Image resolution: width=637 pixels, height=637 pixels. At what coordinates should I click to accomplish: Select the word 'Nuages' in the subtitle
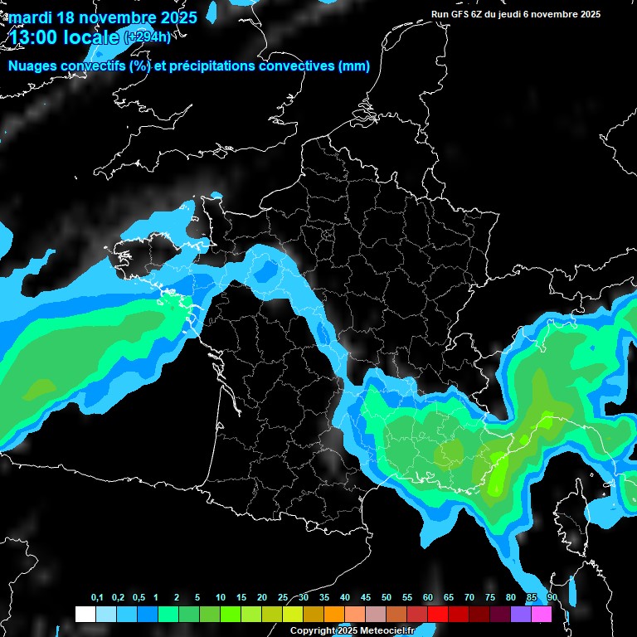click(x=32, y=66)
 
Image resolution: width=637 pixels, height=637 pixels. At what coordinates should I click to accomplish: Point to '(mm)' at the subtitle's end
click(x=354, y=66)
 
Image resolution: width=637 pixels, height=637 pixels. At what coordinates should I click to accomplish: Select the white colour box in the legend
click(x=85, y=615)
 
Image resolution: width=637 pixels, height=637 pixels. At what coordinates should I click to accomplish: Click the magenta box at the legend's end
click(x=541, y=615)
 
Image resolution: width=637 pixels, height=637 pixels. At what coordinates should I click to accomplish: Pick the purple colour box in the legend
click(x=520, y=615)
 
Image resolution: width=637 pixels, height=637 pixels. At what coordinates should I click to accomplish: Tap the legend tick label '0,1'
click(x=96, y=598)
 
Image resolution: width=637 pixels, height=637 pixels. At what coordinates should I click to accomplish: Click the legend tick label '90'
click(x=552, y=598)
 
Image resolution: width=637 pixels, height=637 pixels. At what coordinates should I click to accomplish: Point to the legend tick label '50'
click(x=387, y=598)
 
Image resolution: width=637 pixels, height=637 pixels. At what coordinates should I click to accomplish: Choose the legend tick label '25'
click(x=283, y=598)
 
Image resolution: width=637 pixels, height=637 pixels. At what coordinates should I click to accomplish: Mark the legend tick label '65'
click(x=449, y=598)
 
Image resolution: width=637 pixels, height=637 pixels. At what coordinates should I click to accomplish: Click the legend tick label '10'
click(x=221, y=598)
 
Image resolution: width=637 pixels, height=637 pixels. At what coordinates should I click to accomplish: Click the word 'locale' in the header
click(x=95, y=36)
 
